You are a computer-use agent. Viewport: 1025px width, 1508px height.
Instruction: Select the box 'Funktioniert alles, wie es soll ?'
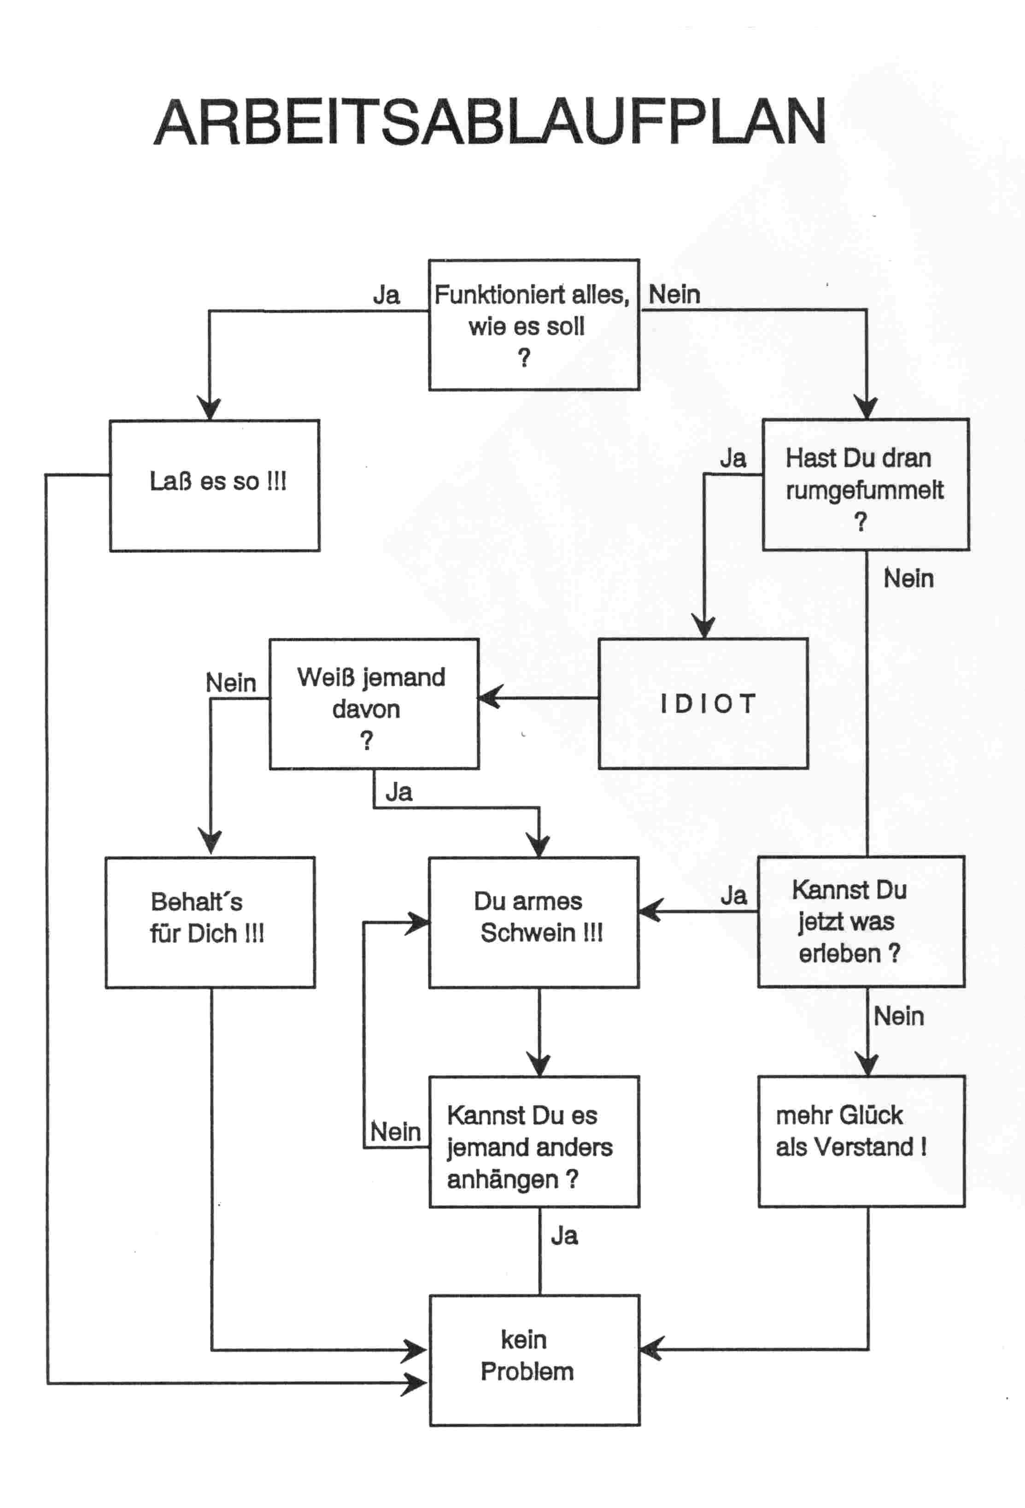pos(533,324)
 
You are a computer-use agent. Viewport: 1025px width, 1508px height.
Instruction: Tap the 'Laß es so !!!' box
pos(214,485)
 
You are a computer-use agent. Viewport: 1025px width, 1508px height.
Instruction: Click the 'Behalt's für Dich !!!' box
pos(210,922)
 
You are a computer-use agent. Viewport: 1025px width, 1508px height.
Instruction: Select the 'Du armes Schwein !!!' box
pos(533,922)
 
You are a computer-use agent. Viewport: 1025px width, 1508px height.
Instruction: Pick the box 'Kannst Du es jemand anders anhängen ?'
pos(534,1142)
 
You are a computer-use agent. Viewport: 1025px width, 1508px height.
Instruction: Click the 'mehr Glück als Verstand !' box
pos(861,1142)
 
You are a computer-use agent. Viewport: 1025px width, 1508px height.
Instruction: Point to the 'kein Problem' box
pos(534,1361)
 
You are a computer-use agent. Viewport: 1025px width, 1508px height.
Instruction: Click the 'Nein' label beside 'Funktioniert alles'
pos(674,295)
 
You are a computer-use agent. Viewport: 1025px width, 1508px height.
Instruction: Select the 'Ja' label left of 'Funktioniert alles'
pos(386,295)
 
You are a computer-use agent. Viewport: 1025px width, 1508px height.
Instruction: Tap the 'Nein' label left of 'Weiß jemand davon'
pos(230,683)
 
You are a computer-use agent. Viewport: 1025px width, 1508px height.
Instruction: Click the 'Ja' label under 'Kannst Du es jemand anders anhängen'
pos(564,1236)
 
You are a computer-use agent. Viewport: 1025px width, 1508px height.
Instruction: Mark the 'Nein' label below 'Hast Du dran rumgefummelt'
pos(908,578)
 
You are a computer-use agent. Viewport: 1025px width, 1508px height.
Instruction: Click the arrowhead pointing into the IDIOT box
pos(704,627)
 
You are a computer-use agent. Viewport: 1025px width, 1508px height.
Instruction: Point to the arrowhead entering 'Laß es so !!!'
pos(209,409)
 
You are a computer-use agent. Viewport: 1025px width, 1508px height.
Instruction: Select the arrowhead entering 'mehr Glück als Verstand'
pos(867,1065)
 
